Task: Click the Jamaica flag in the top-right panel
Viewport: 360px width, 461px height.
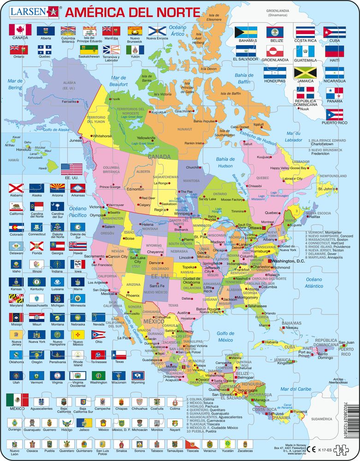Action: coord(305,72)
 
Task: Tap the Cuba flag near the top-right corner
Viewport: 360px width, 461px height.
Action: coord(334,32)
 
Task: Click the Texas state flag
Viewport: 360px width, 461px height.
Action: coord(119,354)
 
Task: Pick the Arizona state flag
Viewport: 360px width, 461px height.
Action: coord(57,188)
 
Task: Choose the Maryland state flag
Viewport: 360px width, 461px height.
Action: coord(16,298)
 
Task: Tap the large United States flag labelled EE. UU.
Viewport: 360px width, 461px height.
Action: coord(71,169)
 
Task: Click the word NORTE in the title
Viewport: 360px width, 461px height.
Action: coord(173,10)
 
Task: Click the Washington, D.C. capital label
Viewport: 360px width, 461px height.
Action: coord(289,261)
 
